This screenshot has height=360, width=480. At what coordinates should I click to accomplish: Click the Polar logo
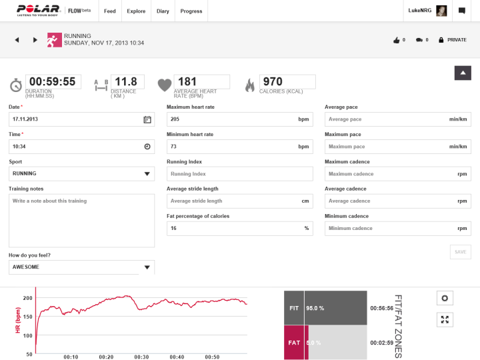(x=38, y=11)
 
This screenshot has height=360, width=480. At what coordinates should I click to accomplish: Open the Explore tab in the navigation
(x=136, y=11)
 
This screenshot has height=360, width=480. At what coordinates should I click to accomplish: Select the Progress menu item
(x=191, y=11)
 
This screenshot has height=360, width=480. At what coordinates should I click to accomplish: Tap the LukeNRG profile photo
(x=441, y=11)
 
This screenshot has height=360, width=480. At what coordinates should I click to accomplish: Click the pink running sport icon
(x=54, y=40)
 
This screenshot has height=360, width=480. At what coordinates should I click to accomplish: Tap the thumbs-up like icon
(x=397, y=40)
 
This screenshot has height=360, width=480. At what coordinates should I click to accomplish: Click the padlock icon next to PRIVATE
(x=441, y=40)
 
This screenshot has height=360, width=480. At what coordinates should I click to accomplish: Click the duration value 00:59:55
(x=53, y=81)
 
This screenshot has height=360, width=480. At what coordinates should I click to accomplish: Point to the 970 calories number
(x=273, y=81)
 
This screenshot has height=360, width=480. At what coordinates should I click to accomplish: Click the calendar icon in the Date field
(x=147, y=119)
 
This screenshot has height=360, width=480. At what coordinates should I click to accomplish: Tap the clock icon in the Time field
(x=147, y=147)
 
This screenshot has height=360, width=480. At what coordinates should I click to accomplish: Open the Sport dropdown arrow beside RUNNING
(x=147, y=174)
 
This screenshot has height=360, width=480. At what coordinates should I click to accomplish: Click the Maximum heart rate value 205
(x=175, y=119)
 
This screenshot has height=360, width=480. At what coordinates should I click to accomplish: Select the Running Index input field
(x=240, y=174)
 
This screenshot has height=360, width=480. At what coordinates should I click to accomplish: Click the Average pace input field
(x=397, y=119)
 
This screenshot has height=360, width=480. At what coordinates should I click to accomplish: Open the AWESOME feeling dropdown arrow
(x=147, y=267)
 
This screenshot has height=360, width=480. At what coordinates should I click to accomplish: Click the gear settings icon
(x=445, y=298)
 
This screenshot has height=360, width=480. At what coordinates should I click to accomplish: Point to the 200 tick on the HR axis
(x=28, y=298)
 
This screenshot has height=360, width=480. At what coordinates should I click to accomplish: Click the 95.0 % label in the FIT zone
(x=315, y=308)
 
